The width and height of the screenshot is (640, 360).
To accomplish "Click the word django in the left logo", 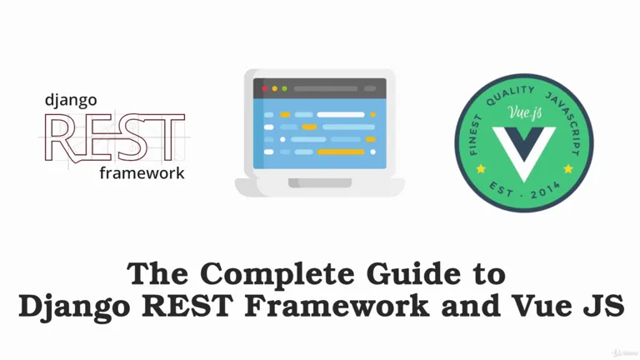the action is click(x=71, y=101).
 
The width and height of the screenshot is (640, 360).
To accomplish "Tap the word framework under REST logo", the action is click(x=142, y=173).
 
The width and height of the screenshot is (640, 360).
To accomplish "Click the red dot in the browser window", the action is click(x=264, y=88).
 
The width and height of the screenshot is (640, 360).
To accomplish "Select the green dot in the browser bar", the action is click(x=284, y=88).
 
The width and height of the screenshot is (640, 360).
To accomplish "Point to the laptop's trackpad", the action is click(x=320, y=182).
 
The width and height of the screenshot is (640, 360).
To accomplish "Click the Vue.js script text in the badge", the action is click(x=525, y=112).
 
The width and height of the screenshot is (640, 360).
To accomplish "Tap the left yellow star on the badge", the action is click(x=481, y=168).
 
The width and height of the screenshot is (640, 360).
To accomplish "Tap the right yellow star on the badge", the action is click(x=568, y=168).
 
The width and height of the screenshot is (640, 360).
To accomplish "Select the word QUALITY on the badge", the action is click(x=510, y=95).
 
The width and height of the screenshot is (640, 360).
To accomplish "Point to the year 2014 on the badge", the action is click(x=546, y=191).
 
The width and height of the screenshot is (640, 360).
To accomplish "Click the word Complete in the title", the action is click(x=277, y=275).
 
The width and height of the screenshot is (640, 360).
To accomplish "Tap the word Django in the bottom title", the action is click(x=74, y=307).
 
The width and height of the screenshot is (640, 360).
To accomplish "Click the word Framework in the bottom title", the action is click(x=337, y=306).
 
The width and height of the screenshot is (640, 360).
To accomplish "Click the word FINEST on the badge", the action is click(x=475, y=135).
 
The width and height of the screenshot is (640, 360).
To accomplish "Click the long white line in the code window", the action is click(x=340, y=115).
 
